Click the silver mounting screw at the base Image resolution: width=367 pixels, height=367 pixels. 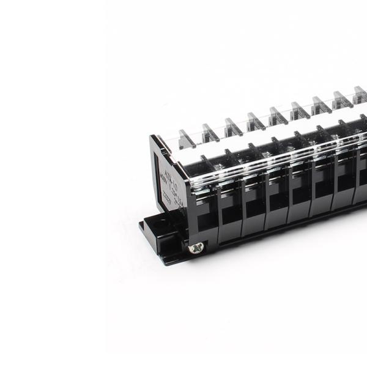197,248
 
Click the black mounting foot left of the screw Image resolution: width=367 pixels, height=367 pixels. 160,235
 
